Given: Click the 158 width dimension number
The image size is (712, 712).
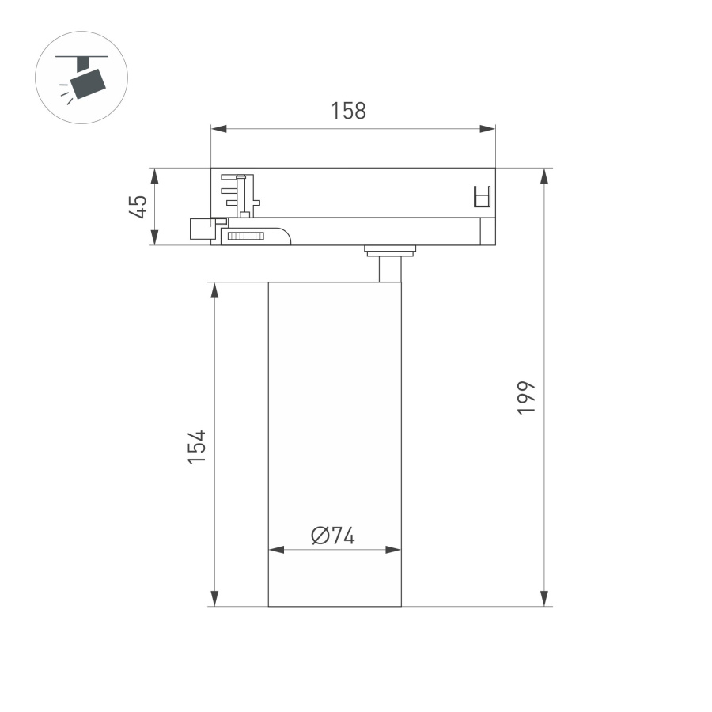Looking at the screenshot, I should [348, 111].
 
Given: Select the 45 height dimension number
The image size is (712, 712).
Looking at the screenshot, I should [138, 207].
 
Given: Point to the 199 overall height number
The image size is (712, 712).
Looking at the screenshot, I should [527, 398].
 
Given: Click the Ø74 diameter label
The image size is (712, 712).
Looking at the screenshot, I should [333, 536].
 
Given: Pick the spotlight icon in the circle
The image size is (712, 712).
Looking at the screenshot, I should [82, 78].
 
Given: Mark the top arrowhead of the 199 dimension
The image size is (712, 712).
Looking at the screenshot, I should [544, 176].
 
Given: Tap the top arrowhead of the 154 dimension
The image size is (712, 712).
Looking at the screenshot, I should [214, 290].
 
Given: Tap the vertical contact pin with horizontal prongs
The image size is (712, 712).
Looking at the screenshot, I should [244, 194].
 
